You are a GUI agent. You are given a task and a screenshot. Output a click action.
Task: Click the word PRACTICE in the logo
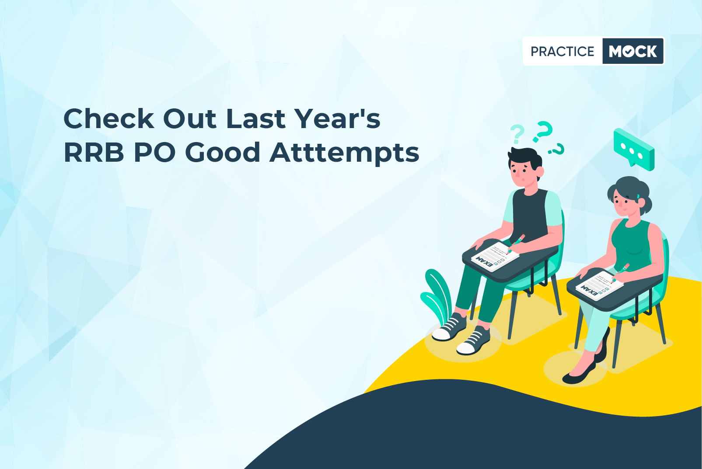[562, 51]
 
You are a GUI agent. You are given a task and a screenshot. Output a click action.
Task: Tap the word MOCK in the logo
[633, 51]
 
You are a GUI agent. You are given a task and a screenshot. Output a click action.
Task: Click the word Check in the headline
[109, 118]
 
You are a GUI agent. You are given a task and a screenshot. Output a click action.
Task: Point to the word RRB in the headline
[94, 153]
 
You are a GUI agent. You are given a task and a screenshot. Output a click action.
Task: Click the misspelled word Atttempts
[344, 153]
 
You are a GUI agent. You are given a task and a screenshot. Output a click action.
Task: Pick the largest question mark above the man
[543, 131]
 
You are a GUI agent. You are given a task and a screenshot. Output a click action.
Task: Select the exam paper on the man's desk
[495, 257]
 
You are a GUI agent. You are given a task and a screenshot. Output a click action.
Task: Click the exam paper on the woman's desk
[599, 285]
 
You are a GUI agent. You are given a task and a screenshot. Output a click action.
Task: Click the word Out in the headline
[190, 118]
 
